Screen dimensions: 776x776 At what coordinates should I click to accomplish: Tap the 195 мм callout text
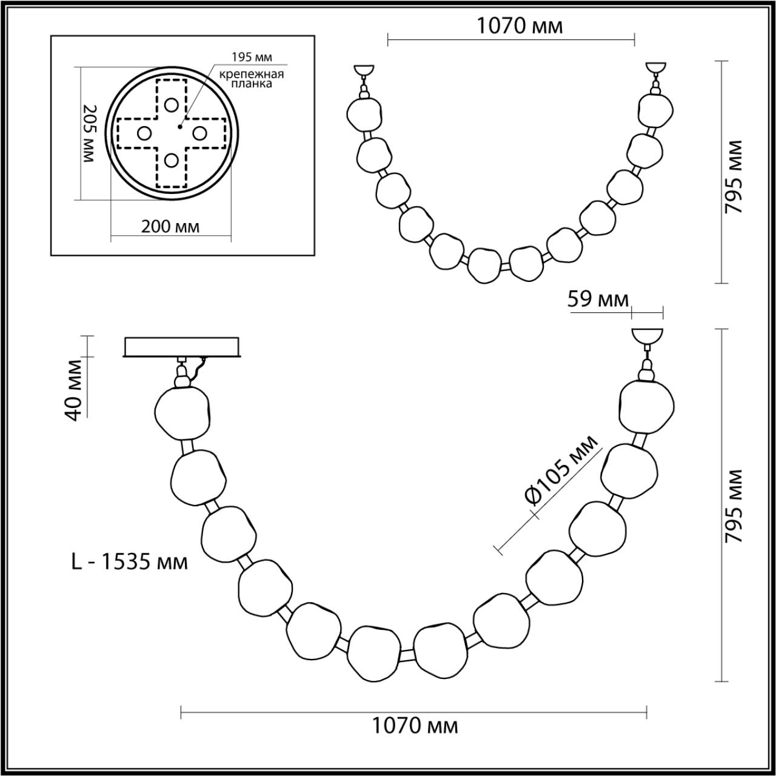click(252, 58)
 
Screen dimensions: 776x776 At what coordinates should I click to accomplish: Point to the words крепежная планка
click(252, 79)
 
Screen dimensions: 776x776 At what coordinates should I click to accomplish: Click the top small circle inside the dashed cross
click(172, 104)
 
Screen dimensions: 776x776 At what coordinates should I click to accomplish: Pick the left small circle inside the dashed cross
click(144, 133)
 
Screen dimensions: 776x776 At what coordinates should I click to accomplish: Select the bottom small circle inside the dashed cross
click(172, 161)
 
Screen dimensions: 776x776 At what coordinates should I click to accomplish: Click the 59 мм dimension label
click(598, 299)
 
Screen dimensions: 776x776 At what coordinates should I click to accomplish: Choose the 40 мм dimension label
click(76, 390)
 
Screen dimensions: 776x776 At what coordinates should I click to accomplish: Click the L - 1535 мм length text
click(129, 562)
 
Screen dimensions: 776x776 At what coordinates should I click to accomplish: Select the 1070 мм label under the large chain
click(415, 725)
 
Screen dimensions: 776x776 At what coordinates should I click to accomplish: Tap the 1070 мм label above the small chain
click(519, 27)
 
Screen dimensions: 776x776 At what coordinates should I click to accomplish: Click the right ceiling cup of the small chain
click(655, 68)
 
